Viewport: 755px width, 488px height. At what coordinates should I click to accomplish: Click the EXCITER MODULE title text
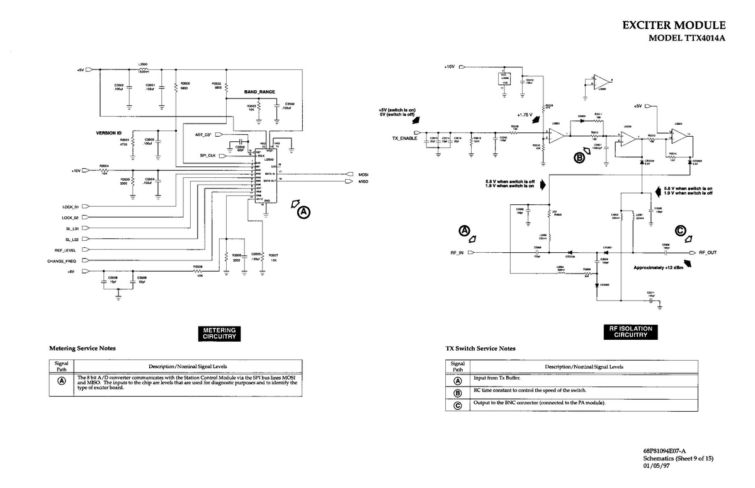tap(673, 25)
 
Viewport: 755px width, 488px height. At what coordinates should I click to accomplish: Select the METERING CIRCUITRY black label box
tap(219, 334)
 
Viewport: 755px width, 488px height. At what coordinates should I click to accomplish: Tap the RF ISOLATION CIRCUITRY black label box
tap(630, 332)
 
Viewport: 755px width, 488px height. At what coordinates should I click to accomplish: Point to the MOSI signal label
tap(363, 174)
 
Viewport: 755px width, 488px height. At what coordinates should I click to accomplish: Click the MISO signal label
tap(363, 182)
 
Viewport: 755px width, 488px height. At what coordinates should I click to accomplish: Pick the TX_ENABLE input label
tap(404, 137)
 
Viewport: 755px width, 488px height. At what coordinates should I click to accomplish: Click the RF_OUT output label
tap(708, 253)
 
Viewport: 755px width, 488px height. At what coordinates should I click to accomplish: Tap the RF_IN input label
tap(457, 253)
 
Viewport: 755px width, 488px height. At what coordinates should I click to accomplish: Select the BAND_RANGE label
tap(259, 92)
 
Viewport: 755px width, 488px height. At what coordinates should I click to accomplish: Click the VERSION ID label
tap(108, 133)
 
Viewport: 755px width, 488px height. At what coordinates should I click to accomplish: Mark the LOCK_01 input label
tap(70, 206)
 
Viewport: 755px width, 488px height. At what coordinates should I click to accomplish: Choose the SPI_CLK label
tap(208, 155)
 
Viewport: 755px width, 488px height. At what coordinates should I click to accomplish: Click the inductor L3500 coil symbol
tap(144, 69)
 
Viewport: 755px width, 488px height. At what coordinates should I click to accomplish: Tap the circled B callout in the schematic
tap(580, 158)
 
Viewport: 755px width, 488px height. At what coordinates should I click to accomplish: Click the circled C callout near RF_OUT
tap(681, 231)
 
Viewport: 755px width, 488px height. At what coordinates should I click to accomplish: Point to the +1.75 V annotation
tap(524, 115)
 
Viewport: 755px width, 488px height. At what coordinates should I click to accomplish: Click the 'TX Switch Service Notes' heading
tap(480, 348)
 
